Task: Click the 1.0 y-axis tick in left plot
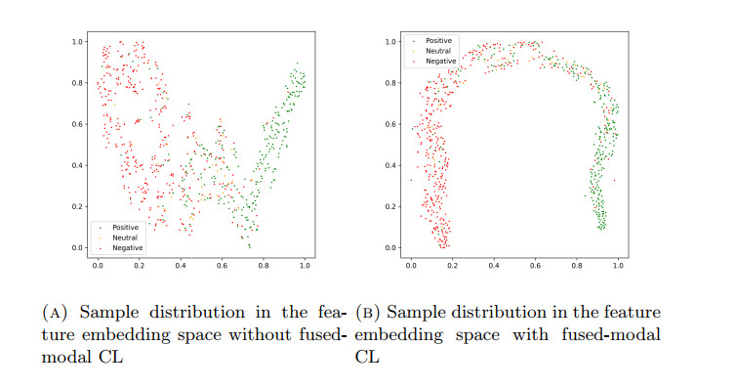[78, 42]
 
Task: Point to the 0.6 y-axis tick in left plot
[78, 124]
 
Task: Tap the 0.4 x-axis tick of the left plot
[181, 265]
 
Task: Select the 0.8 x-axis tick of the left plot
[264, 265]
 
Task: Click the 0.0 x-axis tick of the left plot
[98, 265]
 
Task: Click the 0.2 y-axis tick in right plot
[390, 207]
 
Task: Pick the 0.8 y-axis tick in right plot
[390, 83]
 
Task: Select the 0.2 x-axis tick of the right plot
[452, 265]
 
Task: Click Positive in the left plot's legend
[125, 227]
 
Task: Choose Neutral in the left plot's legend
[124, 237]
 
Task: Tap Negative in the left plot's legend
[126, 248]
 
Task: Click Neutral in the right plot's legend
[436, 51]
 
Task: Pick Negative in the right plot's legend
[438, 62]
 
